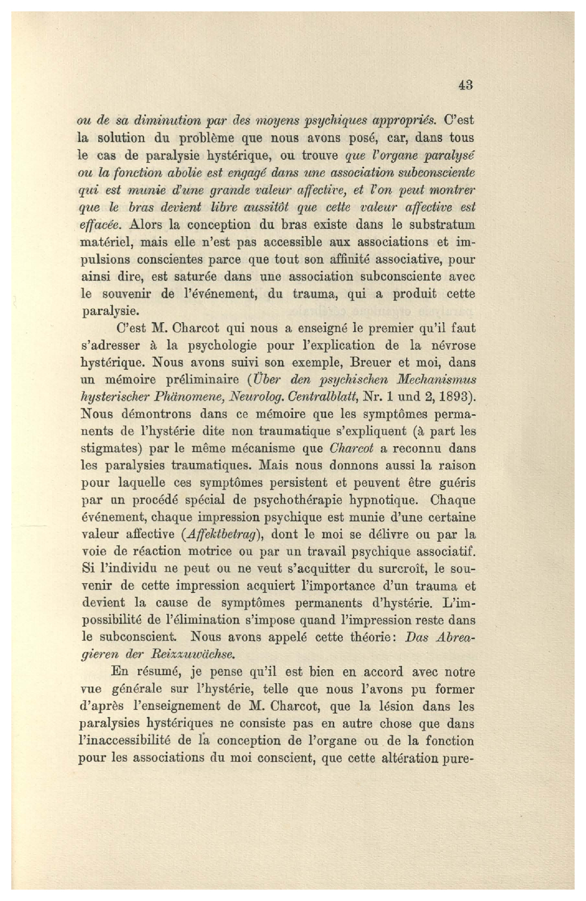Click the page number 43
tap(465, 84)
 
